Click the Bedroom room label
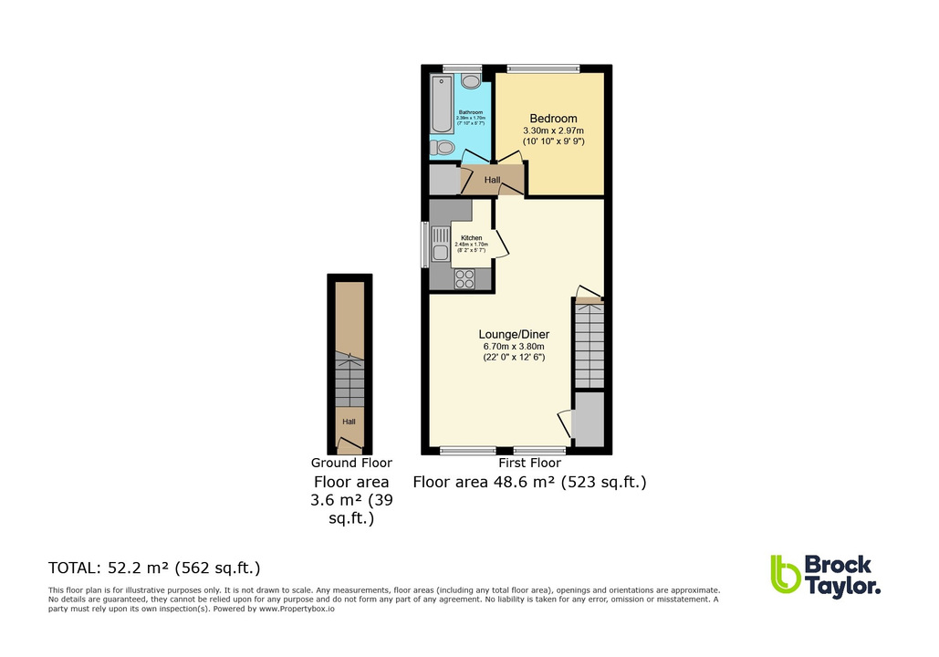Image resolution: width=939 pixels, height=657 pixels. (x=554, y=119)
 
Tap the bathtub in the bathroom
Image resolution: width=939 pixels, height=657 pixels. (x=443, y=106)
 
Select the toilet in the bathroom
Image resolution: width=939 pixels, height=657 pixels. (x=444, y=147)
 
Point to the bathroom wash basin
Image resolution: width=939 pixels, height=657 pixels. (x=471, y=81)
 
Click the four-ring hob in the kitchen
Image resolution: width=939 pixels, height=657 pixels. (x=464, y=278)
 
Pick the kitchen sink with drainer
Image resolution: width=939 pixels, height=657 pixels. (x=441, y=244)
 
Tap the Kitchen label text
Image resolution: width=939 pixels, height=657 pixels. (x=471, y=238)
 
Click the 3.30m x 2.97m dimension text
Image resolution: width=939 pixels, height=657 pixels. (x=554, y=131)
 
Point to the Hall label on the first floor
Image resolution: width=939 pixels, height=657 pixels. (x=493, y=181)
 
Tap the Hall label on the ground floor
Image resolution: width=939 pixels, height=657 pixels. (x=350, y=422)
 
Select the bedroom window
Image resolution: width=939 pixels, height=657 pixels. (x=543, y=68)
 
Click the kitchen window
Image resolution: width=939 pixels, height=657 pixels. (x=424, y=245)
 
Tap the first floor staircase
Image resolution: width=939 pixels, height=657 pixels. (x=589, y=346)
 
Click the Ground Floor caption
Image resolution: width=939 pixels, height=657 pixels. (x=351, y=464)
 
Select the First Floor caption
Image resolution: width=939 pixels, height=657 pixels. (x=529, y=464)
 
